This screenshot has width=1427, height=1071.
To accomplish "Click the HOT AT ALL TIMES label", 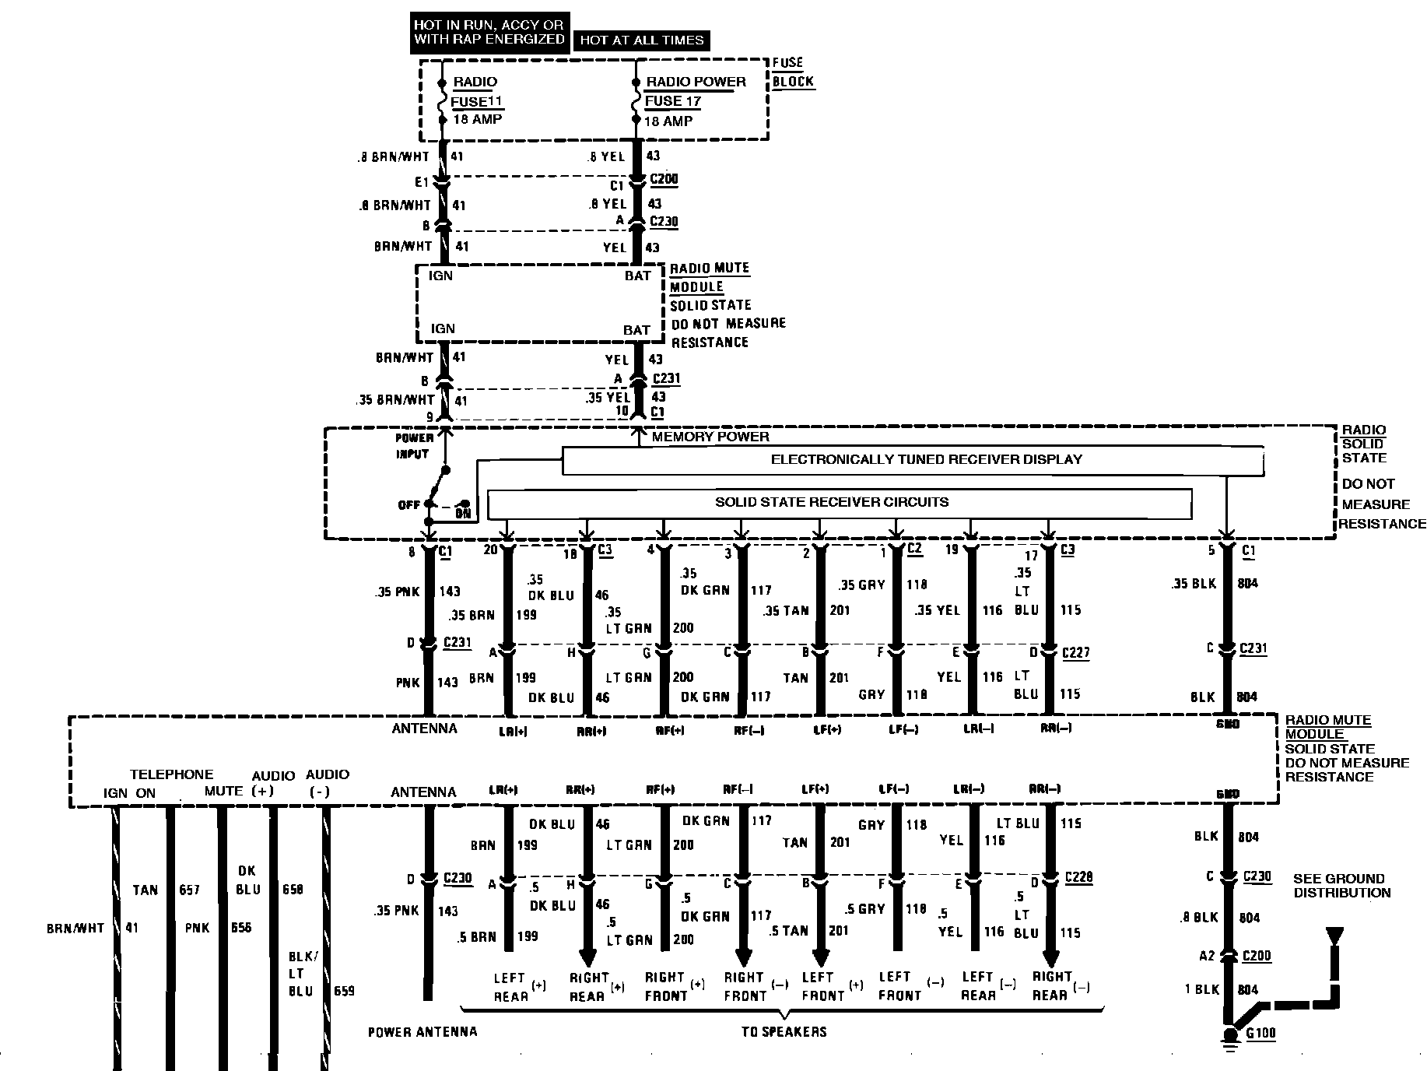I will tap(641, 40).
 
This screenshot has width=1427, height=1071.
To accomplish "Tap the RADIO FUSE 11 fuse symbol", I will tap(441, 101).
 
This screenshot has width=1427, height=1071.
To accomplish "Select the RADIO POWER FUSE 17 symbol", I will tap(636, 101).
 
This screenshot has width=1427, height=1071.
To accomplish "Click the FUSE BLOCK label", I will tap(793, 72).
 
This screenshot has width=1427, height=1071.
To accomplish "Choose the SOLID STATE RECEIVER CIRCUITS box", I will tap(839, 503).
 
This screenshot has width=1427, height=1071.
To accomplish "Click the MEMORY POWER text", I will tap(710, 437).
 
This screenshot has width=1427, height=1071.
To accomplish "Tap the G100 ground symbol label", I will tap(1260, 1034).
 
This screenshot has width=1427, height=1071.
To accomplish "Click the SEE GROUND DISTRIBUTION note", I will tap(1341, 886).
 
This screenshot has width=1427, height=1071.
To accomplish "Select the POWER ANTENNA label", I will tap(422, 1032).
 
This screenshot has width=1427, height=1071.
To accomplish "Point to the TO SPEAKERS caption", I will tap(783, 1032).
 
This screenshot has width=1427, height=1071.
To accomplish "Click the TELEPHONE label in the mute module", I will tap(171, 774).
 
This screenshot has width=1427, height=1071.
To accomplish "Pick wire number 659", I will tap(344, 992).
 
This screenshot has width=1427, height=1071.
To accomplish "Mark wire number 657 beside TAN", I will tap(190, 890).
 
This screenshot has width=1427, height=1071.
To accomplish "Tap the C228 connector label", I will tap(1078, 877).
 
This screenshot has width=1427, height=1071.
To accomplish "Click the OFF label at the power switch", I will tap(408, 505).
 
